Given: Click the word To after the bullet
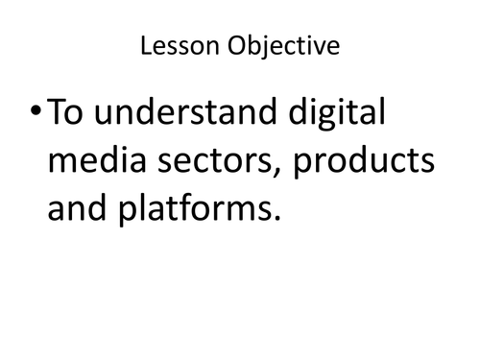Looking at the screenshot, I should [67, 116].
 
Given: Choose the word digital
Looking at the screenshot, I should [329, 116].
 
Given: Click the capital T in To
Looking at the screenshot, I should [57, 116].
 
